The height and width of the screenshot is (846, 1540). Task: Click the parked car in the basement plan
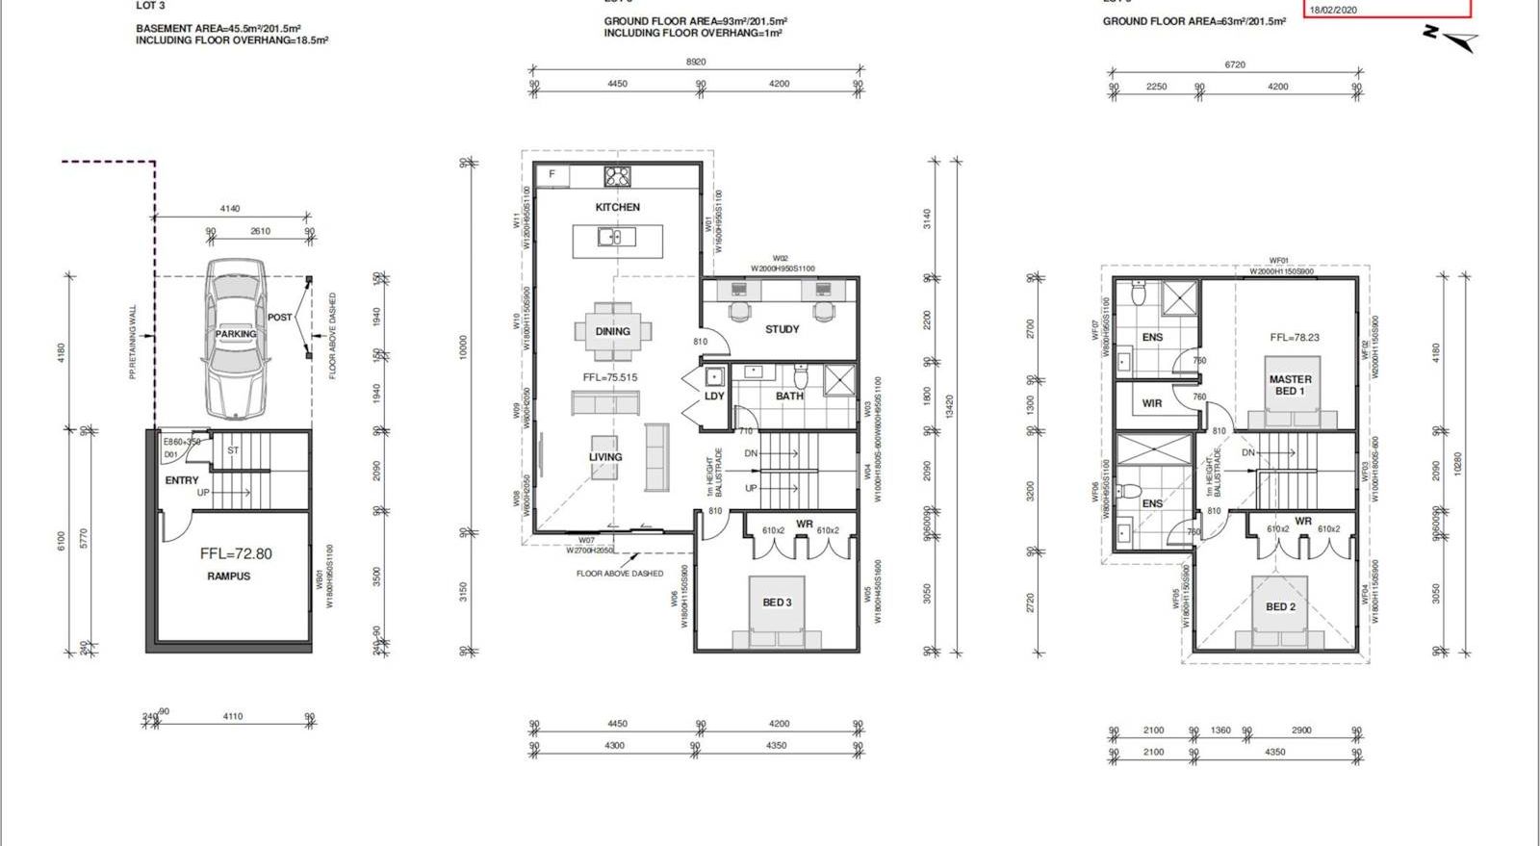[x=235, y=339]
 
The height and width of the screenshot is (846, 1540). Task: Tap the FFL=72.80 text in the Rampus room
[x=236, y=553]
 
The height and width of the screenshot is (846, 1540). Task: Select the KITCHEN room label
[x=617, y=207]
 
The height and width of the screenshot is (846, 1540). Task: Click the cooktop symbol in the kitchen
[x=616, y=176]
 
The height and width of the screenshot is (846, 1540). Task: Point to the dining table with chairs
[x=612, y=330]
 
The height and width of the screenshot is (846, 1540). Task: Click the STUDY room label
[x=782, y=329]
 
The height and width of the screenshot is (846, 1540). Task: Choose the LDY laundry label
[x=714, y=396]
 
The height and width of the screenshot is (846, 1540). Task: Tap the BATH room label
[x=789, y=396]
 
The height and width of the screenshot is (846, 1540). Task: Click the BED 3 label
[x=777, y=602]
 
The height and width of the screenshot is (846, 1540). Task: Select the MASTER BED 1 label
[x=1290, y=385]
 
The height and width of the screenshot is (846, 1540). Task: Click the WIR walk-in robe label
[x=1152, y=403]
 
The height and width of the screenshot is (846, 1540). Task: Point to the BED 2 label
[x=1280, y=606]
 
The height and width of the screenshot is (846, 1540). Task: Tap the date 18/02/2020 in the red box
[x=1333, y=10]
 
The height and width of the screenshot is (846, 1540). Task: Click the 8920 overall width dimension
[x=695, y=62]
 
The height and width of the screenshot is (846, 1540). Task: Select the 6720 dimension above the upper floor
[x=1235, y=64]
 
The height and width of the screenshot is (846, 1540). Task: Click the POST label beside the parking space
[x=279, y=317]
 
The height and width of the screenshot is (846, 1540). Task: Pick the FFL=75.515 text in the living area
[x=609, y=377]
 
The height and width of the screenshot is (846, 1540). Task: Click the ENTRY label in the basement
[x=181, y=479]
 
